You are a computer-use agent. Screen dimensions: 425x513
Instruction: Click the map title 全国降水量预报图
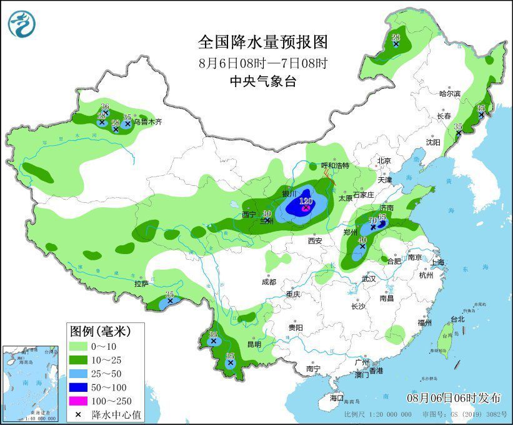[x=262, y=42]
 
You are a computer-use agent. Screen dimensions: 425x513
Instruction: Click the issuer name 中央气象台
[x=262, y=81]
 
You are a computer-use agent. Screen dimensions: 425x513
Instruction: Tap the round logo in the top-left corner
[x=22, y=23]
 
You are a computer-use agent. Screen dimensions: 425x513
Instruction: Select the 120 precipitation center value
[x=306, y=202]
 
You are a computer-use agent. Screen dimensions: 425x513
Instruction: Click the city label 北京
[x=384, y=160]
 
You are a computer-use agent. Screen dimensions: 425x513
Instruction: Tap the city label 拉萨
[x=141, y=283]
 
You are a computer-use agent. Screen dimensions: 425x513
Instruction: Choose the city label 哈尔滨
[x=449, y=93]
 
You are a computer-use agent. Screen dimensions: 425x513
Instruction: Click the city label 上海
[x=437, y=262]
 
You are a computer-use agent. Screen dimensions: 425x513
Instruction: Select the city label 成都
[x=269, y=282]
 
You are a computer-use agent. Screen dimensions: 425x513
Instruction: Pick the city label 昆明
[x=254, y=344]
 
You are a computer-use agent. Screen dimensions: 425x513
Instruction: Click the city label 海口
[x=337, y=398]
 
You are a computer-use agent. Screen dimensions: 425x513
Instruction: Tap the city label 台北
[x=457, y=319]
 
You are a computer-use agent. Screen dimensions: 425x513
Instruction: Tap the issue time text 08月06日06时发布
[x=454, y=397]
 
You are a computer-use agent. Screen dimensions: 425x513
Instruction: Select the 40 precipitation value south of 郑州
[x=362, y=240]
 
